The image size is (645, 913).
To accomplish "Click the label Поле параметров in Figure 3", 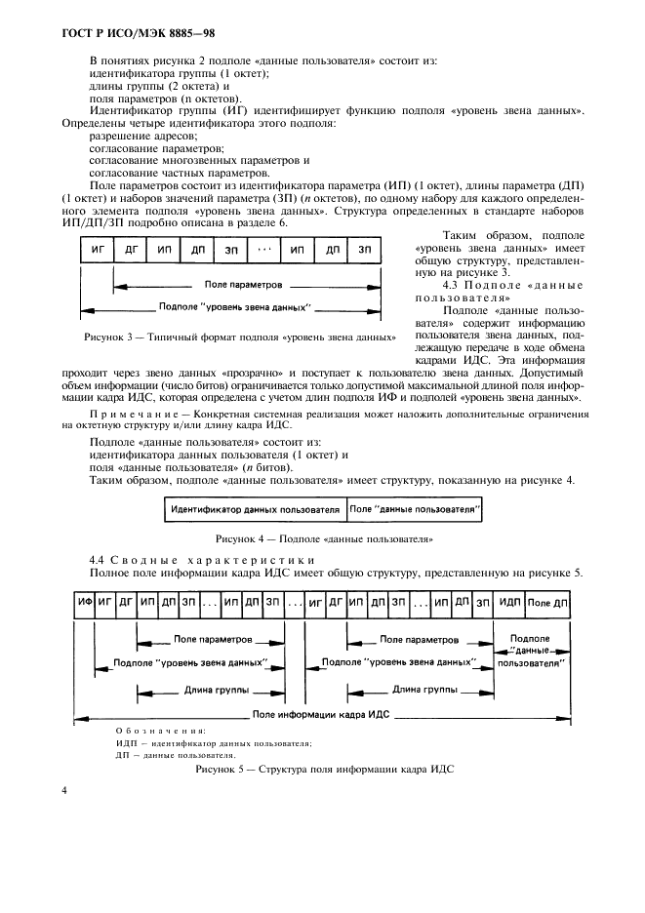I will pos(244,285).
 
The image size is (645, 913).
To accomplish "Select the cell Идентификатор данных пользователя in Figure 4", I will pos(256,509).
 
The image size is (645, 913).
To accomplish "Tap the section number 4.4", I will pos(99,559).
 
